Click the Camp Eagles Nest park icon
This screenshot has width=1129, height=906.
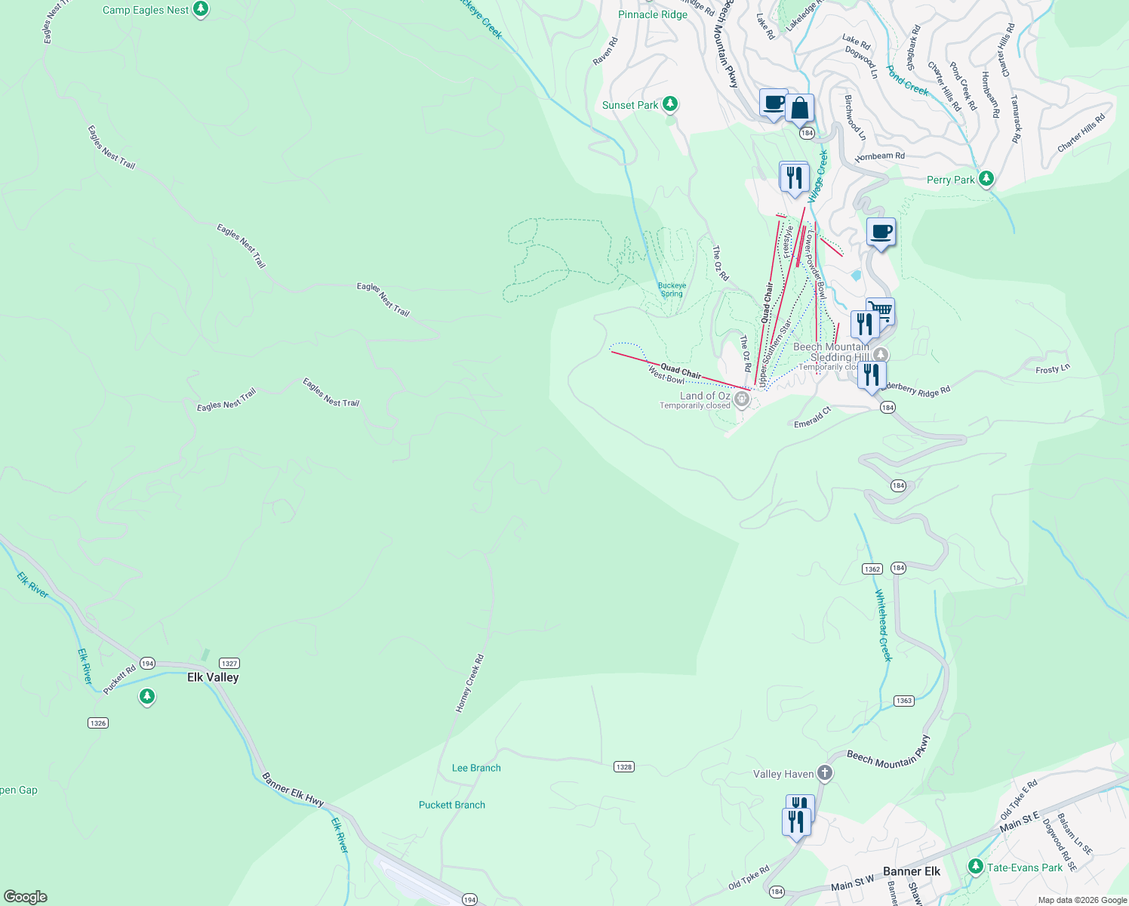[200, 10]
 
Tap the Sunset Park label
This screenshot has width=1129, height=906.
[630, 105]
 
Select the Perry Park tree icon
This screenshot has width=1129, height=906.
[986, 179]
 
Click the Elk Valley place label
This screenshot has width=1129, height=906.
[213, 677]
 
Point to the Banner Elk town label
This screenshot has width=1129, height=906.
[912, 871]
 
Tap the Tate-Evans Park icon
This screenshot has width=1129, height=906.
[976, 866]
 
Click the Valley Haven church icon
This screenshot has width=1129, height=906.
[825, 773]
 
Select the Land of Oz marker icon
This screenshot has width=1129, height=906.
[742, 399]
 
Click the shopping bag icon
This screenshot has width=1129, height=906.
[799, 109]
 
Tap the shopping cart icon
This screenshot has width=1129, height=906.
[881, 310]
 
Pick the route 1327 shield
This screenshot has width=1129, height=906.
[229, 663]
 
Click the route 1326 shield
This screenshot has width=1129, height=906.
[98, 723]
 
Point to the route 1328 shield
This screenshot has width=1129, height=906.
[623, 766]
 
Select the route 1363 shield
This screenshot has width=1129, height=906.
[904, 701]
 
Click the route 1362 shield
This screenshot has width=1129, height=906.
[872, 569]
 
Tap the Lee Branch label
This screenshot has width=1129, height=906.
[476, 768]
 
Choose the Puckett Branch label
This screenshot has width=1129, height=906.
[452, 805]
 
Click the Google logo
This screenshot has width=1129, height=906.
[26, 896]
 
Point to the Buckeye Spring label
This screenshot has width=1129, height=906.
[672, 289]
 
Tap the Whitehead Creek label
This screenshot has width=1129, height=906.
[884, 625]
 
